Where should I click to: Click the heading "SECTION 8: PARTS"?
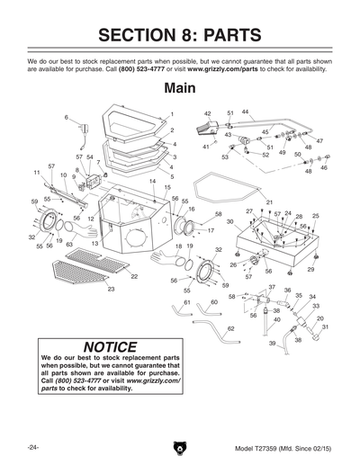180,35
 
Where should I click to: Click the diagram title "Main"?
180,90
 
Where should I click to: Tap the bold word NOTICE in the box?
110,347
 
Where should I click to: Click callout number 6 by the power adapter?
66,118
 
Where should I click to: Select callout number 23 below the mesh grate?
111,290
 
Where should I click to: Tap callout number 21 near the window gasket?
268,201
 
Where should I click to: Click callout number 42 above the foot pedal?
207,114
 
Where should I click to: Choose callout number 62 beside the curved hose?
230,329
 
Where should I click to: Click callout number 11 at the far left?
37,172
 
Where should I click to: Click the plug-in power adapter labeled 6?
84,135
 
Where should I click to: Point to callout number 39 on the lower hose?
271,343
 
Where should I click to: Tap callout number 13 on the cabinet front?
94,244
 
